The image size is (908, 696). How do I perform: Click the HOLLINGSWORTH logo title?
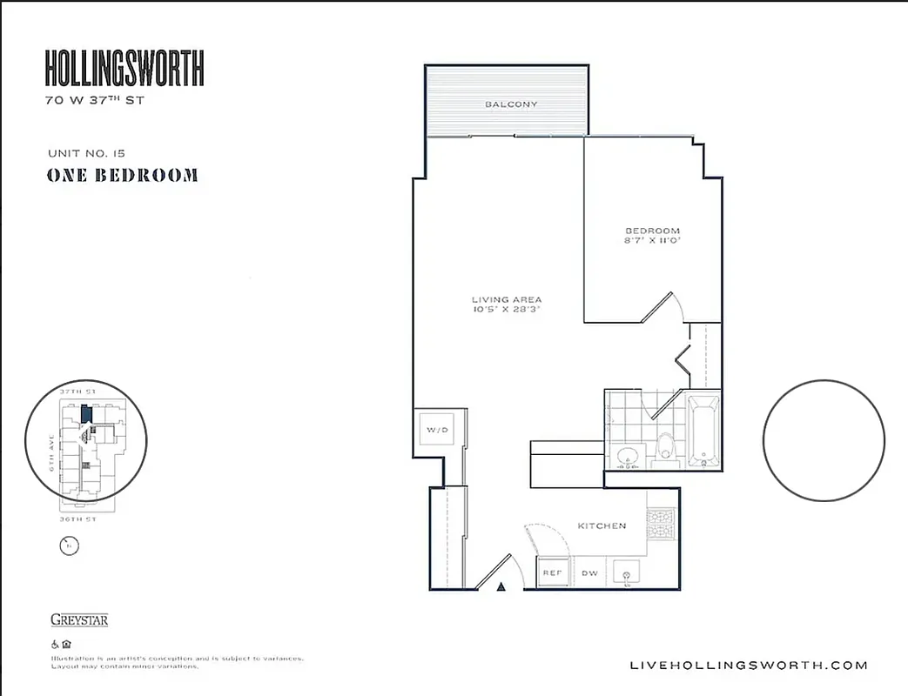[124, 69]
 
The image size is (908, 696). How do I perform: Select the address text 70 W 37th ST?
[95, 100]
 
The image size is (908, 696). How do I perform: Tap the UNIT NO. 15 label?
[86, 153]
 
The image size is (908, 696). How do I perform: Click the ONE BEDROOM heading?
[122, 176]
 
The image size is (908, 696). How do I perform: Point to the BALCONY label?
[511, 104]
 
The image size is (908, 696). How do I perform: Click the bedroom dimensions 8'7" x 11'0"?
[652, 240]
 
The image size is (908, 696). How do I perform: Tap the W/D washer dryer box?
[435, 431]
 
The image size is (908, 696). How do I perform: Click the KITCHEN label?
[602, 525]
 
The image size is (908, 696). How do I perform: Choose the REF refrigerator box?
[552, 573]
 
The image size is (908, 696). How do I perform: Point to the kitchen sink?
[627, 573]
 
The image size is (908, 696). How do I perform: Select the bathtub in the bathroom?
[703, 431]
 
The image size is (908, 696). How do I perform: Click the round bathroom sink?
[628, 455]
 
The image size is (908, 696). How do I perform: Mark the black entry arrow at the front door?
[501, 588]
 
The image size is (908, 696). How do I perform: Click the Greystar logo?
[79, 620]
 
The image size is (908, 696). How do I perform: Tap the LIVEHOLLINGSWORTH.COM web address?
[748, 666]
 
